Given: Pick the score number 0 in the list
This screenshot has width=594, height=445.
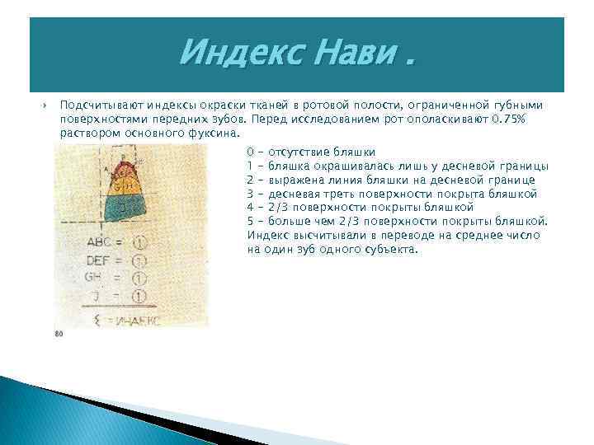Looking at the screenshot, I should (250, 152).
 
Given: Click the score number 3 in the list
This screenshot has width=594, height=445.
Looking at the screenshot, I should (250, 194).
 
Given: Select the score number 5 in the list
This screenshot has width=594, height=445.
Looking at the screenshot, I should (250, 221).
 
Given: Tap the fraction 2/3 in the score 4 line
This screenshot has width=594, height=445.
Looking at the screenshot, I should (279, 208).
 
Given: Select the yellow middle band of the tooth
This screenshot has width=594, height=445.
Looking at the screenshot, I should (126, 187).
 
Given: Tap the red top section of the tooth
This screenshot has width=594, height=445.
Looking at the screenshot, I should (126, 171).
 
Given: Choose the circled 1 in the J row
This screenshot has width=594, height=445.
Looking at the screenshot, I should (139, 295).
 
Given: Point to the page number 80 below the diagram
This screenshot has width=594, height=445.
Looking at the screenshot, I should (59, 334).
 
